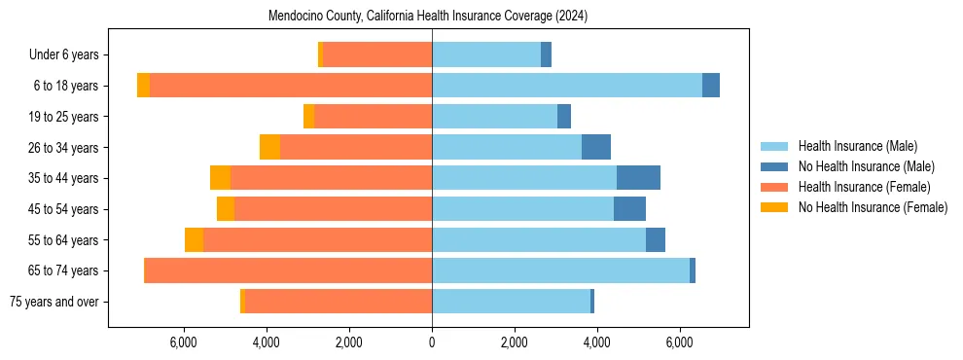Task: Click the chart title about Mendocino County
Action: pyautogui.click(x=428, y=17)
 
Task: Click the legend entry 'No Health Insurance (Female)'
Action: pyautogui.click(x=873, y=207)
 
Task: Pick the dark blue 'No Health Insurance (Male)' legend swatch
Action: pyautogui.click(x=775, y=166)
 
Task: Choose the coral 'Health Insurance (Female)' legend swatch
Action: pyautogui.click(x=775, y=187)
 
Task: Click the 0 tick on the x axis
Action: pyautogui.click(x=432, y=342)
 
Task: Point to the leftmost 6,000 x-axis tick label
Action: pyautogui.click(x=184, y=342)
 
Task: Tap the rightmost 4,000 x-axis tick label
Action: pyautogui.click(x=596, y=342)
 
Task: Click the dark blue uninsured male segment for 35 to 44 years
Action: pyautogui.click(x=638, y=178)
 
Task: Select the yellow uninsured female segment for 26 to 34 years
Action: pyautogui.click(x=269, y=147)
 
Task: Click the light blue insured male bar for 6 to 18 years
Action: pyautogui.click(x=567, y=86)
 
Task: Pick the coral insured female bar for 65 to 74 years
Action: pyautogui.click(x=289, y=270)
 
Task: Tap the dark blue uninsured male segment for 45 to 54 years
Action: pyautogui.click(x=629, y=209)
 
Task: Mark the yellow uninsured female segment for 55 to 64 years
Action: pyautogui.click(x=194, y=239)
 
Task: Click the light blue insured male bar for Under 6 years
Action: pyautogui.click(x=486, y=55)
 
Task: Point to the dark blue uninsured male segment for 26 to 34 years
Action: pyautogui.click(x=596, y=147)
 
